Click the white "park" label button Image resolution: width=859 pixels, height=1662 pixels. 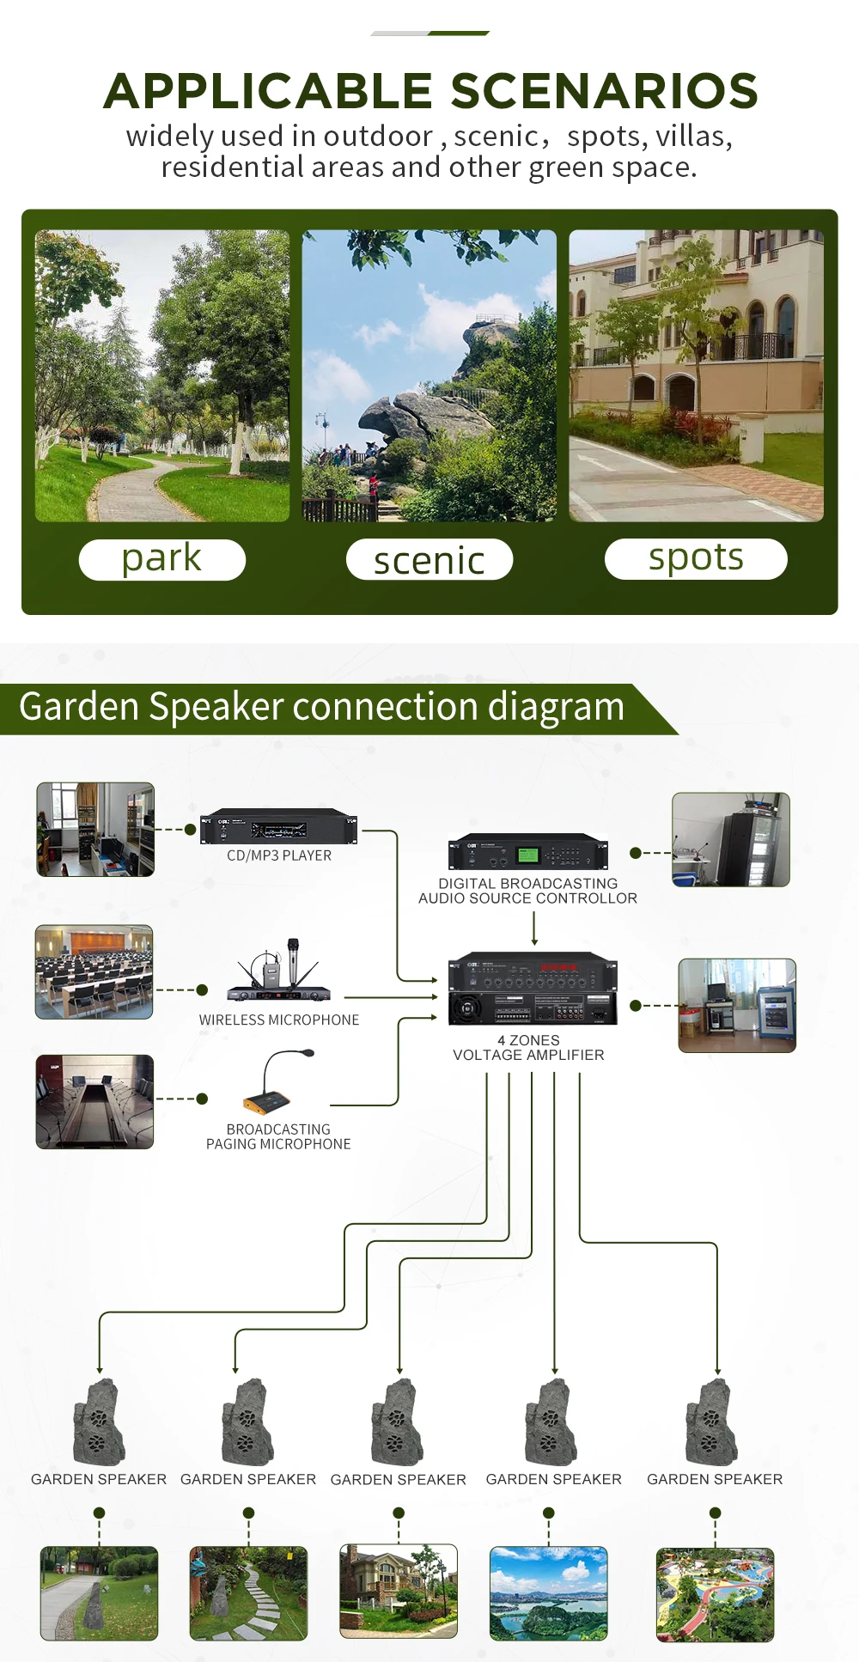pos(161,559)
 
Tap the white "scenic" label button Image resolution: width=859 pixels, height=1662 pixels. pos(429,560)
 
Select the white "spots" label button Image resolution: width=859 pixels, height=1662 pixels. pos(695,558)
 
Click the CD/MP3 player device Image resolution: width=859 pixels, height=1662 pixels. pos(278,826)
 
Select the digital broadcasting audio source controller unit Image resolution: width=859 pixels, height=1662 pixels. pos(527,852)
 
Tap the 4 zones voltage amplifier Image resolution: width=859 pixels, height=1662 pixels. pos(533,989)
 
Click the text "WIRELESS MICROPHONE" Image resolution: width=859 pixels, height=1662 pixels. pos(279,1020)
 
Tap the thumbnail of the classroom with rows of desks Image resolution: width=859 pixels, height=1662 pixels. pos(94,971)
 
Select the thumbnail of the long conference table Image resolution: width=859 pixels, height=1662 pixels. pos(94,1101)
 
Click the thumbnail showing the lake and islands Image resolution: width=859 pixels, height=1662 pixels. pos(548,1593)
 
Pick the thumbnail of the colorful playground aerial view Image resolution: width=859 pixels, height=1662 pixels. pos(715,1595)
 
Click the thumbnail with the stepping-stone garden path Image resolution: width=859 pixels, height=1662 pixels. pos(248,1593)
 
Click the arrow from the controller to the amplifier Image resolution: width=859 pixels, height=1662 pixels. pos(534,928)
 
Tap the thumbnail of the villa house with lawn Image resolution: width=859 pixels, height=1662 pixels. pos(399,1591)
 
